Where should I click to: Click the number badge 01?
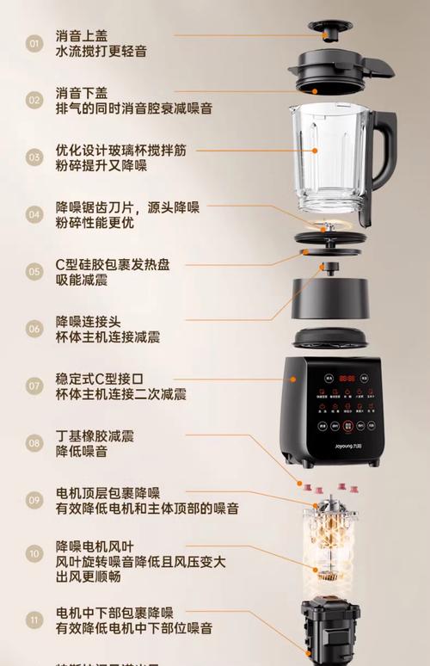34,43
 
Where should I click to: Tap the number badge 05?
34,271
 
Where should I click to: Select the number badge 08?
34,443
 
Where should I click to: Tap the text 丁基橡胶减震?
95,435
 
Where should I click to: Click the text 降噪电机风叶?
95,546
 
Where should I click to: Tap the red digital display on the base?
347,377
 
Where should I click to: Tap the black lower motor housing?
330,632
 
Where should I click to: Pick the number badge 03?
34,157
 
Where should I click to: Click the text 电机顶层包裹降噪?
107,493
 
